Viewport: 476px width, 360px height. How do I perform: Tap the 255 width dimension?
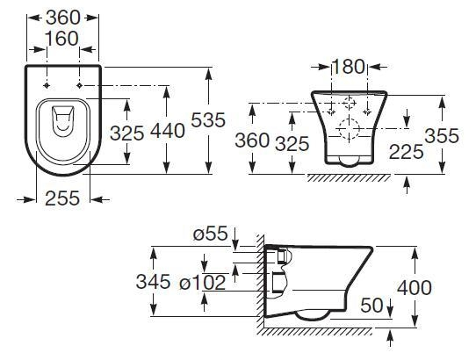click(61, 199)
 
